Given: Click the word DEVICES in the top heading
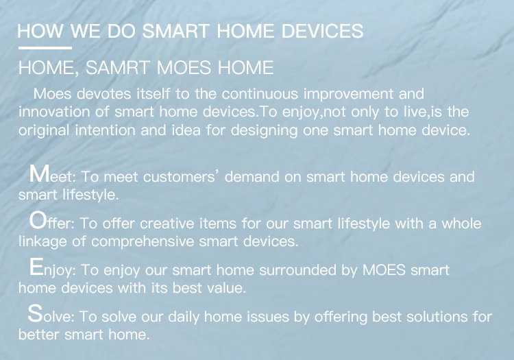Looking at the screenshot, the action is coord(322,31).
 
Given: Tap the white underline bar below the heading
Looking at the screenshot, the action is coord(45,48).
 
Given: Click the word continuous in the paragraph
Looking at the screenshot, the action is coord(260,94).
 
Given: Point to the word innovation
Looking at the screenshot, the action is coord(54,112).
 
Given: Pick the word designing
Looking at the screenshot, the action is coord(265,131).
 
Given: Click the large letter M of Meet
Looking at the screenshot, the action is coord(39,173).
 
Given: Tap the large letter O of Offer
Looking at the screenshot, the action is coord(38,220).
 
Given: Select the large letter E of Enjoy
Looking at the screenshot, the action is coord(36,267).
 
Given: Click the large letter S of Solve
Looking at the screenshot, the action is coord(35,313).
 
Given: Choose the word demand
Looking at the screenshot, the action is coord(252,177).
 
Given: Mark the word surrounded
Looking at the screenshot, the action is coord(298,270).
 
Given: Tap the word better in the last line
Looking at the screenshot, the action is coord(38,335).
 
